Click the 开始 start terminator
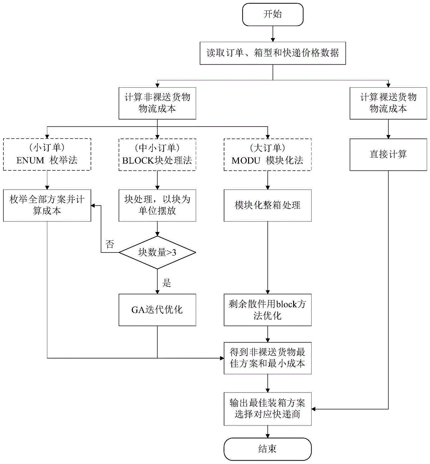[272, 14]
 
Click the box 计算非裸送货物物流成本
[158, 103]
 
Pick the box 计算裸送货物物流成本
[388, 103]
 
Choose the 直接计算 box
[388, 154]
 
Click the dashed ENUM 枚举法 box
[47, 154]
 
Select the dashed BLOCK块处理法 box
[158, 154]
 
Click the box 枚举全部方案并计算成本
[47, 205]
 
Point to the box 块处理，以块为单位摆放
[158, 205]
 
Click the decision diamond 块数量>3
[158, 252]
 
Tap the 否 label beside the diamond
[110, 245]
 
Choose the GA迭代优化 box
[158, 309]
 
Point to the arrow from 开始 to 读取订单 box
[272, 33]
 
